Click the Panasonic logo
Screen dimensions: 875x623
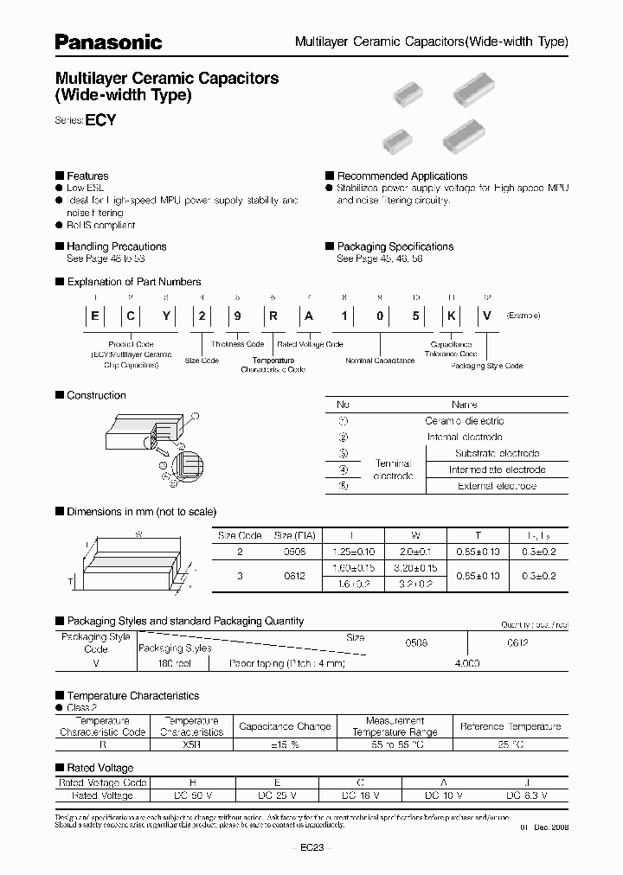pos(109,42)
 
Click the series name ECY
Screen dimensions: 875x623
pos(100,121)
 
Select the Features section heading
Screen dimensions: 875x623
pos(87,176)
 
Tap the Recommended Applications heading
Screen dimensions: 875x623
pos(401,176)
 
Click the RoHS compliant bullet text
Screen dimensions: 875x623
pos(101,225)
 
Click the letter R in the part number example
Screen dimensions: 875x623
pos(273,316)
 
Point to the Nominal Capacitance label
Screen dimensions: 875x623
pos(380,360)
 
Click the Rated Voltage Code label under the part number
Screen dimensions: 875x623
pos(310,344)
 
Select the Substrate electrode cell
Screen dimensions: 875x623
pos(497,453)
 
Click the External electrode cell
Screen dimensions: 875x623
pos(497,486)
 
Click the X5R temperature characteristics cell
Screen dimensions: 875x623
pos(191,743)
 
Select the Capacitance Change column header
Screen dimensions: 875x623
pos(285,726)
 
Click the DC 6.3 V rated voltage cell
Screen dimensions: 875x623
pos(528,794)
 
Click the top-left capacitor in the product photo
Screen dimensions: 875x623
pos(408,89)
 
